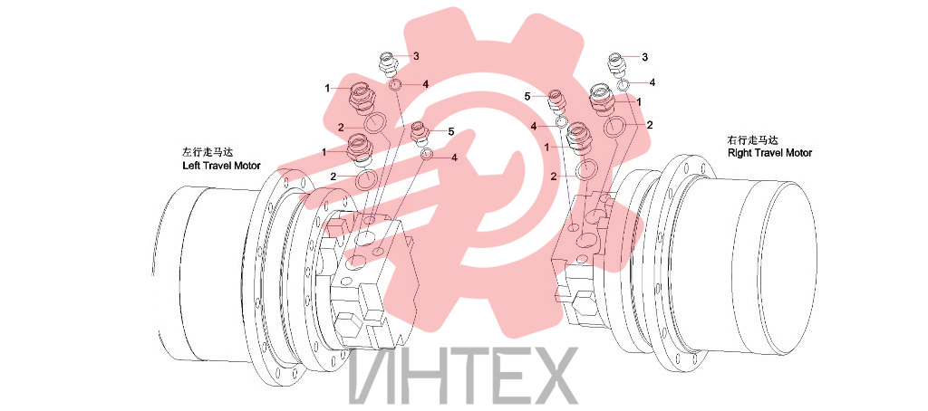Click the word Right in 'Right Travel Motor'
(x=738, y=153)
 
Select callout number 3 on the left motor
(x=416, y=56)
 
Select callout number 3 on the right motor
(x=644, y=57)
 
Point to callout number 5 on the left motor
(x=450, y=132)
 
